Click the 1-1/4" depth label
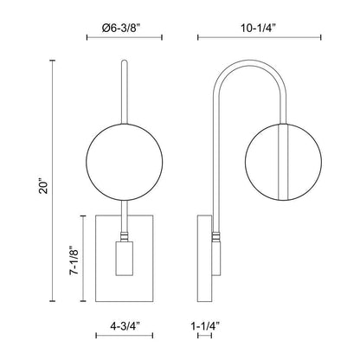[203, 328]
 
